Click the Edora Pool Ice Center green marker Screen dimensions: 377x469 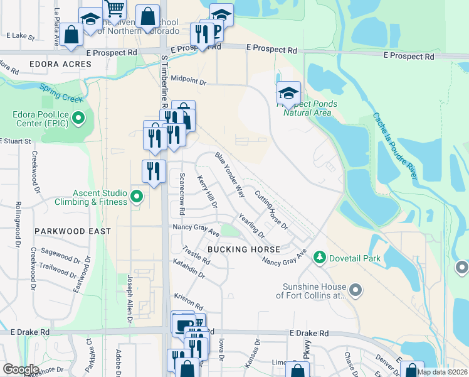click(78, 117)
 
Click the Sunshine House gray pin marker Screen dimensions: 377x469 click(356, 290)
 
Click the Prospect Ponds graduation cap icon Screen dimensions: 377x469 click(288, 94)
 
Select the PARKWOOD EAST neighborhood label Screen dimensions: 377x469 click(73, 231)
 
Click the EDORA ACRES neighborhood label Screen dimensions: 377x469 click(60, 64)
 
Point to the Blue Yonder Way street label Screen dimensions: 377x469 click(229, 175)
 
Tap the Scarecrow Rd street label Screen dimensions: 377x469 click(182, 192)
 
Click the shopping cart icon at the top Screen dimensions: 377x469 click(115, 9)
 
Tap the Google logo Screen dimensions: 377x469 click(21, 369)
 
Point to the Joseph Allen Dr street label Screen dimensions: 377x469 click(130, 301)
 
